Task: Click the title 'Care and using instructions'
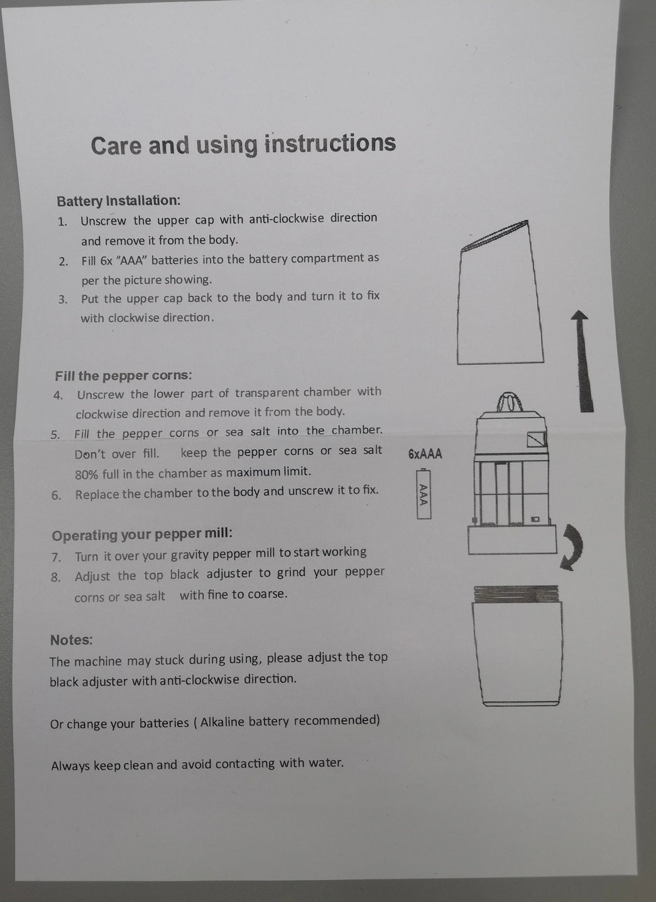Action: (x=243, y=144)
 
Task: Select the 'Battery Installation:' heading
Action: (x=118, y=200)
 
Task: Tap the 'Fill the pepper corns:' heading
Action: (x=123, y=376)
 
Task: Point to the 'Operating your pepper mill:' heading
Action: (x=142, y=535)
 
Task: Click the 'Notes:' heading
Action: (x=71, y=640)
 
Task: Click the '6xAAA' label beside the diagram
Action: (x=425, y=454)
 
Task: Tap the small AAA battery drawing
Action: (x=424, y=493)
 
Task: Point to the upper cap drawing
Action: (x=500, y=293)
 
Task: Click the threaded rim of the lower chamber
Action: (x=517, y=594)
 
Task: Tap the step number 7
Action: (x=55, y=558)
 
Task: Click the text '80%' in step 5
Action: (x=86, y=474)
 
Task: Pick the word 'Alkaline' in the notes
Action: (x=221, y=722)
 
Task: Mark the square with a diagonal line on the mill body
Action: (x=537, y=439)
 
